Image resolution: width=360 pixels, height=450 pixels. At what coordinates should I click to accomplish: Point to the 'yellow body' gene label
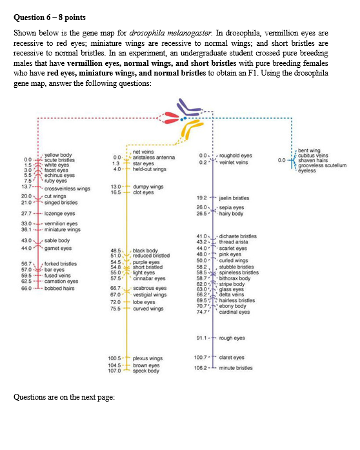pos(59,155)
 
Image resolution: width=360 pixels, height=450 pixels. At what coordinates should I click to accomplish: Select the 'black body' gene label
pos(145,251)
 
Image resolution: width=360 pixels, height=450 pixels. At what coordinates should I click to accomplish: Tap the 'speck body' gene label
pos(146,371)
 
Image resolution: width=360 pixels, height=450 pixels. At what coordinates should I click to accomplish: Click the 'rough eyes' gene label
pos(232,338)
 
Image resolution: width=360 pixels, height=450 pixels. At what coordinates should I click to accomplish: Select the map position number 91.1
pos(200,338)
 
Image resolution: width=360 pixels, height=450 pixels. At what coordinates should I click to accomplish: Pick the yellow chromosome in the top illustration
pos(190,132)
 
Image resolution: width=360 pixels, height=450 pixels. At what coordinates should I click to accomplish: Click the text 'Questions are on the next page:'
pos(65,397)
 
